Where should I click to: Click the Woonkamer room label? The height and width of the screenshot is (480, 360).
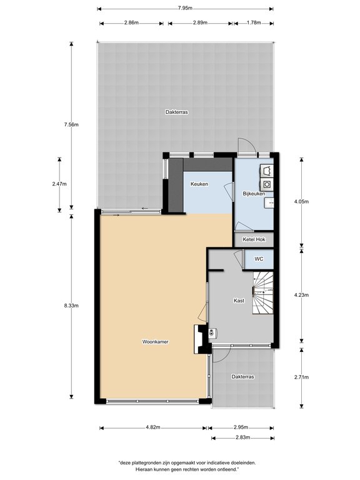[155, 342]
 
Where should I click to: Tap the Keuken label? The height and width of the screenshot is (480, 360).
[199, 184]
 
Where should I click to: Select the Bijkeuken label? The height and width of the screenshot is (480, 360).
[254, 194]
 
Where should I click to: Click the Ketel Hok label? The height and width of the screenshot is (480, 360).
[254, 239]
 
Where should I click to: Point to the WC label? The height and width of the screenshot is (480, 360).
[259, 259]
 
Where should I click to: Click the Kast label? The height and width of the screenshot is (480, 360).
[239, 301]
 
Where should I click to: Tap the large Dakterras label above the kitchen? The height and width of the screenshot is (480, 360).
[177, 112]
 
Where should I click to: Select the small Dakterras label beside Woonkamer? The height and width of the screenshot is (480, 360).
[242, 376]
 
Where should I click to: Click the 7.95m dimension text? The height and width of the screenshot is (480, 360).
[185, 8]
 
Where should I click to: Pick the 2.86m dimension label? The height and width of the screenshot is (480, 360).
[131, 22]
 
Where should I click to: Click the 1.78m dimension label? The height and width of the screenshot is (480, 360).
[254, 22]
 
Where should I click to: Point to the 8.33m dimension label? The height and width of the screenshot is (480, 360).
[71, 306]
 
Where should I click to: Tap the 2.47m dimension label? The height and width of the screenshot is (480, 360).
[59, 184]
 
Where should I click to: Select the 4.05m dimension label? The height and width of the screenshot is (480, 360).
[301, 201]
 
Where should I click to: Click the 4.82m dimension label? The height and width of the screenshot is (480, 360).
[153, 427]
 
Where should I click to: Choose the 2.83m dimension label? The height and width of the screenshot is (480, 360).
[242, 437]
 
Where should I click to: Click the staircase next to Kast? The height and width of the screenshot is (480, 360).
[262, 292]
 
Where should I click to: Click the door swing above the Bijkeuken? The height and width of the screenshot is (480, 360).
[247, 146]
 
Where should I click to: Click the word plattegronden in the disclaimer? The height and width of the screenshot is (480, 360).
[141, 463]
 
